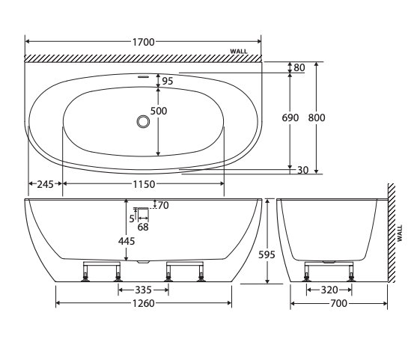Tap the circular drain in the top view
(143, 120)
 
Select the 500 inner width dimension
(159, 111)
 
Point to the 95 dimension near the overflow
(168, 81)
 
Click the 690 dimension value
(290, 118)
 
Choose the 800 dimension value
(317, 118)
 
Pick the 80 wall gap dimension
(299, 68)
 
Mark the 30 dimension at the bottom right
(302, 171)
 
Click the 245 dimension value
(45, 184)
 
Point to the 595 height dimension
(267, 254)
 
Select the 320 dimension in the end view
(329, 290)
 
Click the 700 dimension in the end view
(338, 303)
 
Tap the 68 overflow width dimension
(141, 227)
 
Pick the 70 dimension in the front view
(162, 205)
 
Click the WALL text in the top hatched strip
(238, 52)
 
